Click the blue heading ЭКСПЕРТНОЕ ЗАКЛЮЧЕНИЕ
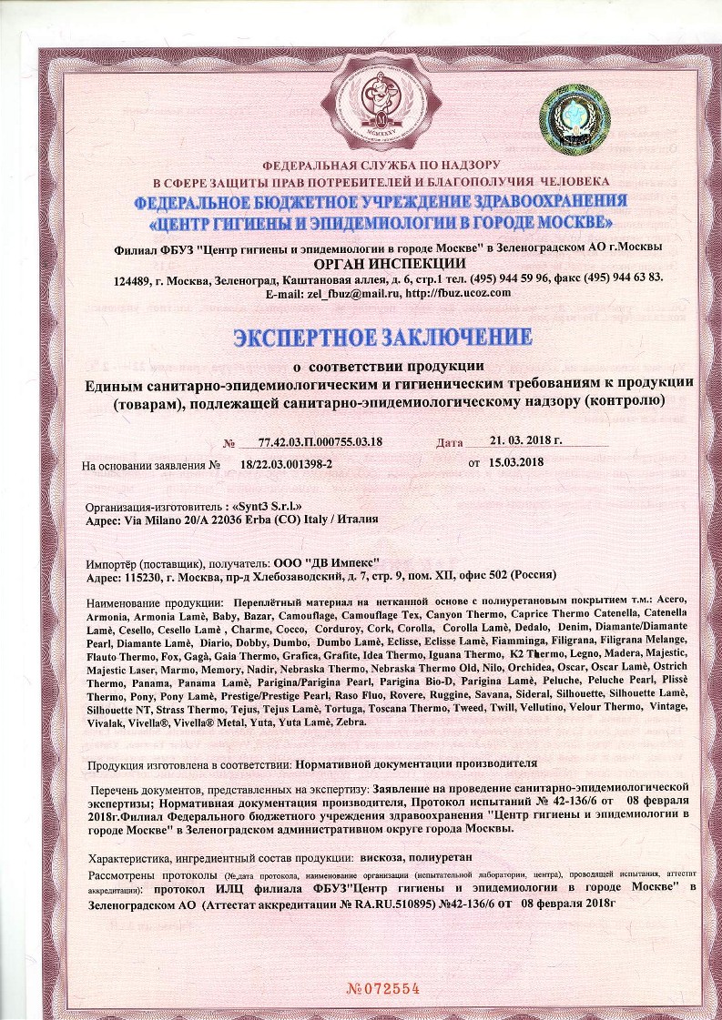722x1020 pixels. (382, 337)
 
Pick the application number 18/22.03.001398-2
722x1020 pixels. (287, 464)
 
